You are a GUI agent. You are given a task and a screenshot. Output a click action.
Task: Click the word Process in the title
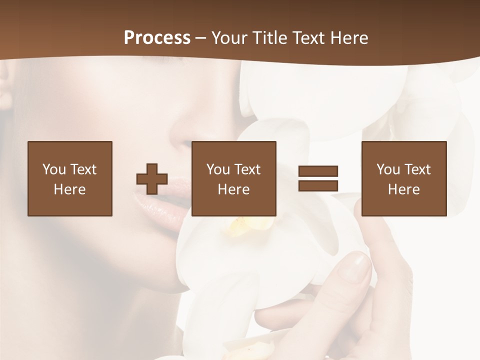coord(157,38)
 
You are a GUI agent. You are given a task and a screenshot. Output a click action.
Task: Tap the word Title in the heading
coord(269,38)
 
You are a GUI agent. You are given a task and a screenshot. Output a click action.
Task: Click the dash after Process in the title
coord(200,38)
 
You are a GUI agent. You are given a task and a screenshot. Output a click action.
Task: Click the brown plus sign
coord(152,179)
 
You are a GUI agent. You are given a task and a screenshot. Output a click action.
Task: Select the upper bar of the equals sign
coord(318,171)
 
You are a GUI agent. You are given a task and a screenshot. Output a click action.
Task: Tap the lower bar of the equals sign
coord(318,185)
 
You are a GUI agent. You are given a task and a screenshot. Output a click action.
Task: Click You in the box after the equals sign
coord(388,169)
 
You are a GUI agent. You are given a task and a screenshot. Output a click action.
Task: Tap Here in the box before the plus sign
coord(69,189)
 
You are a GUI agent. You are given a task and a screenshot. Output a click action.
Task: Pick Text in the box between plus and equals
coord(248,169)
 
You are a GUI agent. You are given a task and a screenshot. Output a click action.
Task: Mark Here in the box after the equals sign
coord(403,189)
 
